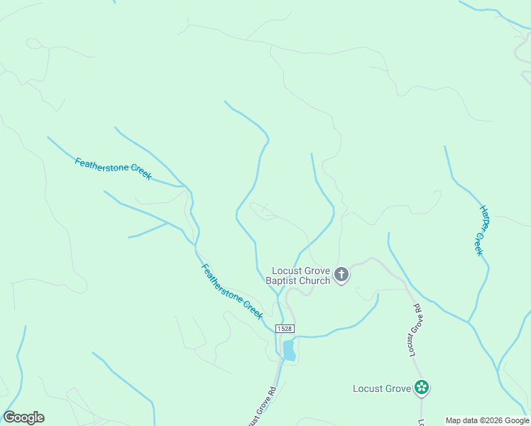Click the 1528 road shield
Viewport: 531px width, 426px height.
[x=285, y=328]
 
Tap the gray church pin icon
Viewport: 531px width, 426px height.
[x=341, y=275]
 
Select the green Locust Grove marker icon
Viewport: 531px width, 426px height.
[x=422, y=388]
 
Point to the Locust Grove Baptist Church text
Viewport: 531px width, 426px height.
[x=298, y=275]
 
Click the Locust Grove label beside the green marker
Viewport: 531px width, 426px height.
[x=382, y=388]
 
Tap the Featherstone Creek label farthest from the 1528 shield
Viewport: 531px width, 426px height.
[x=113, y=168]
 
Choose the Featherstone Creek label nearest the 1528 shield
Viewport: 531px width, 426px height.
[x=232, y=290]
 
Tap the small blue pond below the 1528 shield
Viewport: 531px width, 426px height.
[x=289, y=350]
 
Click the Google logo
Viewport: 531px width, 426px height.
[x=23, y=417]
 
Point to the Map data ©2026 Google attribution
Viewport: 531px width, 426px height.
[x=488, y=420]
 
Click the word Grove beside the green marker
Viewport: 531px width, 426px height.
[x=398, y=388]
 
